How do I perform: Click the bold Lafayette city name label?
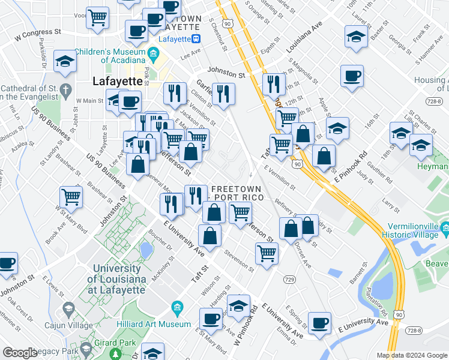[117, 82]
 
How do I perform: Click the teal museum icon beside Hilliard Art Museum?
[177, 308]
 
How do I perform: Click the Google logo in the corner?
[20, 353]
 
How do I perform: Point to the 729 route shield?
[289, 280]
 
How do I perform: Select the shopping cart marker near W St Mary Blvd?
[71, 196]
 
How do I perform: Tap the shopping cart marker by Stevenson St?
[267, 253]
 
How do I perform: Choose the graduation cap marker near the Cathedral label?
[64, 61]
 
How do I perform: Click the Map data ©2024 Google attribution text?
[411, 355]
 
